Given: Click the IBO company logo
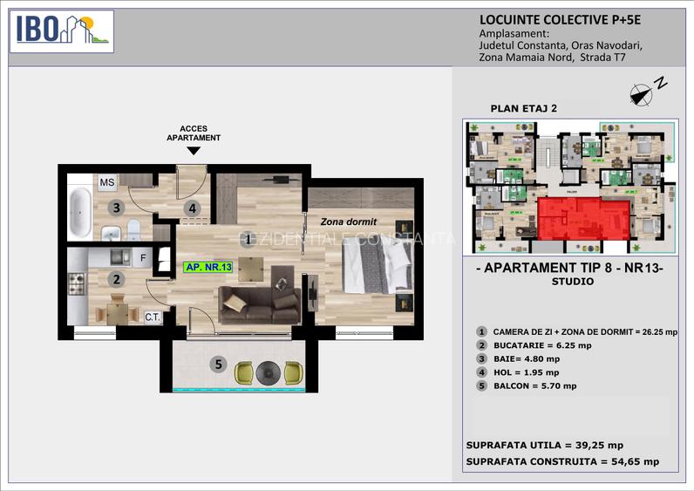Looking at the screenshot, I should pyautogui.click(x=61, y=31).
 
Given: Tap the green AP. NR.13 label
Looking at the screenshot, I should pyautogui.click(x=207, y=268).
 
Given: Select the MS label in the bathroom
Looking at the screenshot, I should pyautogui.click(x=106, y=182).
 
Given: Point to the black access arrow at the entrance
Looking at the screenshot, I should pyautogui.click(x=194, y=151).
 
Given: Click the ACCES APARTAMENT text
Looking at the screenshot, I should pyautogui.click(x=194, y=133).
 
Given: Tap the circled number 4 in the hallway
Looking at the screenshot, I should pyautogui.click(x=194, y=208).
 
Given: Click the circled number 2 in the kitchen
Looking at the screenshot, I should pyautogui.click(x=115, y=279).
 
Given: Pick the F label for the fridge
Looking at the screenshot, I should pyautogui.click(x=144, y=257).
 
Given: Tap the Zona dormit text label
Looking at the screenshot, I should pyautogui.click(x=347, y=222).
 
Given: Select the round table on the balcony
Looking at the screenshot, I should pyautogui.click(x=268, y=372).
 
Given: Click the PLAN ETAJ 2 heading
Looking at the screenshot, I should pyautogui.click(x=523, y=108).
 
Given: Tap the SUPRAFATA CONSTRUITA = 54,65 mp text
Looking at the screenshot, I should pyautogui.click(x=562, y=461).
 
